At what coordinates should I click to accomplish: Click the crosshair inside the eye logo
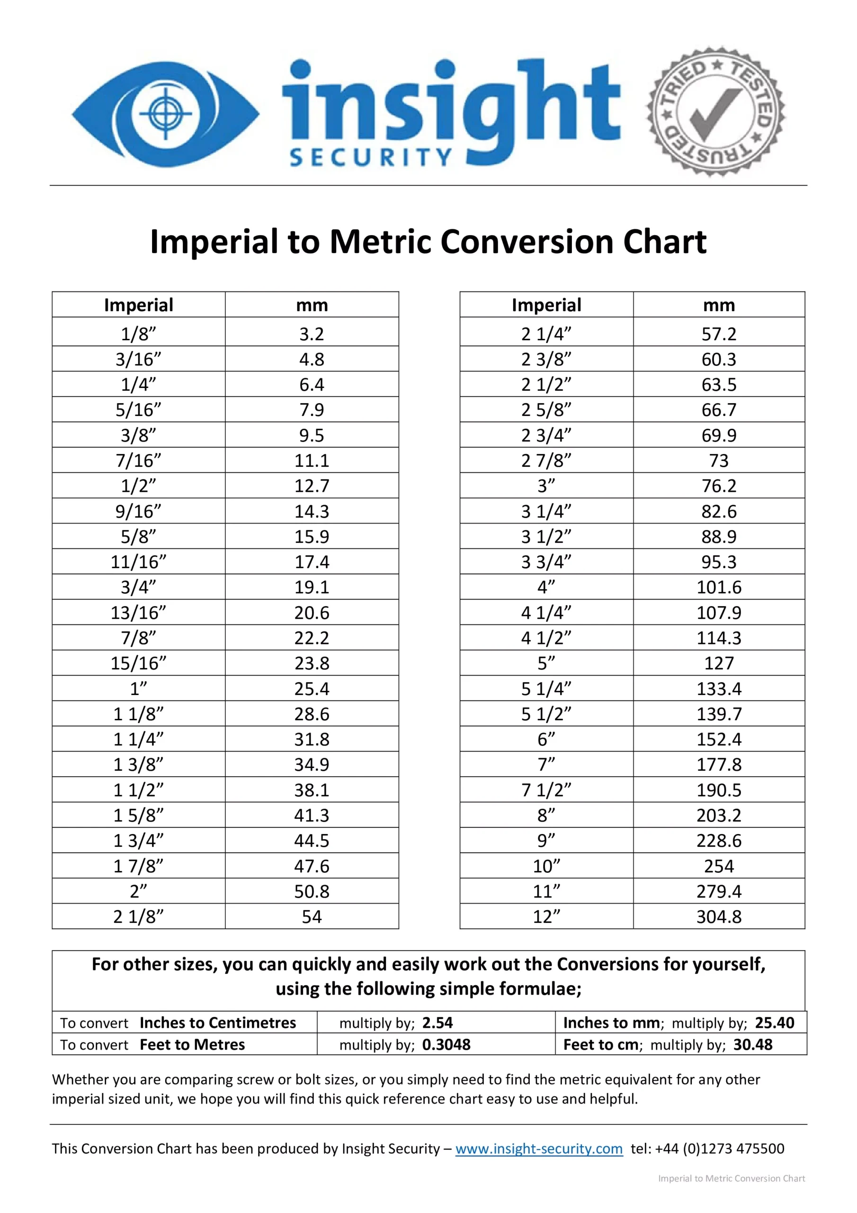[166, 113]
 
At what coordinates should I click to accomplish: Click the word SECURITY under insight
[371, 157]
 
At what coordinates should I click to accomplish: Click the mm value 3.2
[312, 334]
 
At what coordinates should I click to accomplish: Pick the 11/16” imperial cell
[138, 561]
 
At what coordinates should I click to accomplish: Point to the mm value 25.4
[312, 688]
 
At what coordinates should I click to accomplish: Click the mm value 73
[719, 461]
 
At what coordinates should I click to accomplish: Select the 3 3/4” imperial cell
[546, 561]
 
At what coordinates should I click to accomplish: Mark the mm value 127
[719, 663]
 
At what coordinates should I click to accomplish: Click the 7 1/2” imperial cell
[546, 790]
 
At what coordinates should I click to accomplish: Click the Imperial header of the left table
[138, 305]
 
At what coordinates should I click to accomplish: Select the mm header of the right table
[719, 305]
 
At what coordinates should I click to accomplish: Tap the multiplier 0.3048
[446, 1044]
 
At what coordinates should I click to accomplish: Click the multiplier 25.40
[774, 1023]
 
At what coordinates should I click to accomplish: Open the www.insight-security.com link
[539, 1149]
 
